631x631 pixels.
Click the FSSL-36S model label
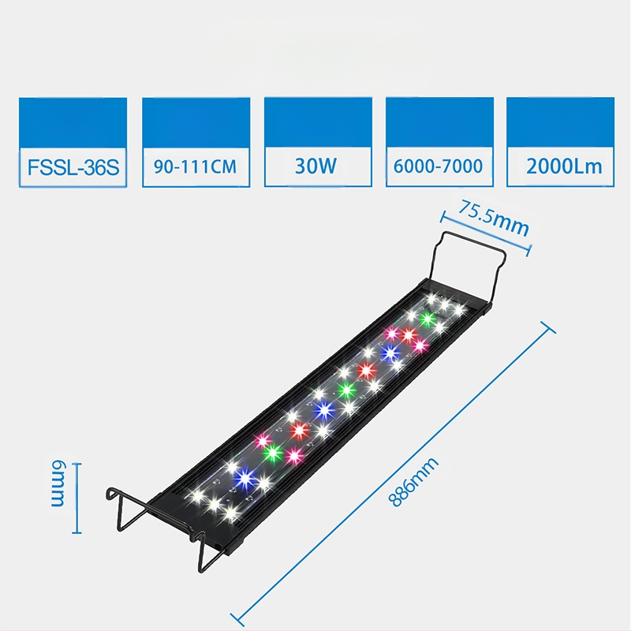pos(73,166)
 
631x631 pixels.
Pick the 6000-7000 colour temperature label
pos(440,166)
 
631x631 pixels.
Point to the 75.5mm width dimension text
pos(495,218)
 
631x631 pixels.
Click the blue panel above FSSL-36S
pos(73,121)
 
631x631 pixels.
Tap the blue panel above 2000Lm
pos(561,121)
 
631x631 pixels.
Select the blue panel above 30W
pos(317,121)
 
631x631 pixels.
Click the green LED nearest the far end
pos(428,319)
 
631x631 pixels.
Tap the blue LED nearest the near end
pos(245,476)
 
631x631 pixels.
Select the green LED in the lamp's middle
pos(344,389)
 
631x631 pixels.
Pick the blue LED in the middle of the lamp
pos(322,409)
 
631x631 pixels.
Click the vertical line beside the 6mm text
pos(77,498)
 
